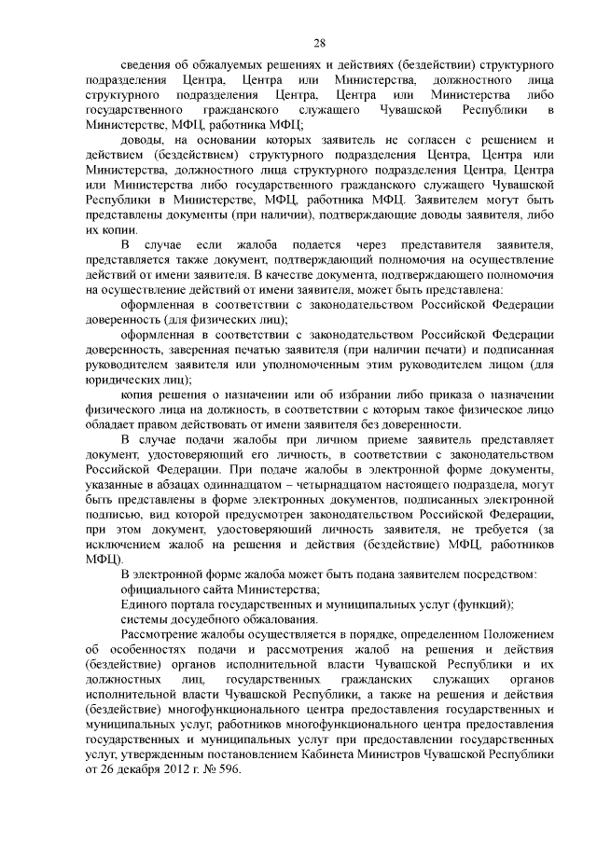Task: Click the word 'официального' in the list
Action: [x=163, y=588]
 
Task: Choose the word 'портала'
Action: [x=194, y=603]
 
